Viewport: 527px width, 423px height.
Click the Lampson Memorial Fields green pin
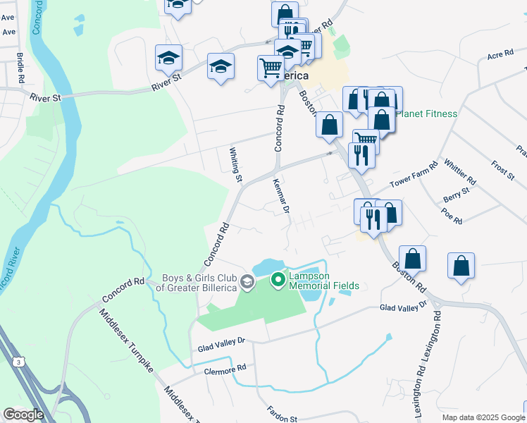278,280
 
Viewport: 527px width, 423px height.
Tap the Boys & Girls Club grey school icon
247,283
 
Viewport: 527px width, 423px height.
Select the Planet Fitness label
428,114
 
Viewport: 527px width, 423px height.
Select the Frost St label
503,170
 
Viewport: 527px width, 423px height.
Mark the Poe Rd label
452,215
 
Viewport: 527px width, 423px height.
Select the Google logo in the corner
23,415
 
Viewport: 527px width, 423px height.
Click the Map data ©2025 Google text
483,417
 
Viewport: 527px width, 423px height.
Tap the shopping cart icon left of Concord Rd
271,68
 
